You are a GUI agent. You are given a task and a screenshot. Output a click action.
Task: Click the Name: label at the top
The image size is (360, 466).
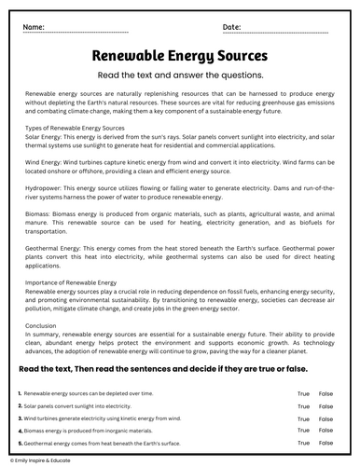35,28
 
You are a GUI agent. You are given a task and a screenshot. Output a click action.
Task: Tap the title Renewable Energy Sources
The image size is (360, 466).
181,57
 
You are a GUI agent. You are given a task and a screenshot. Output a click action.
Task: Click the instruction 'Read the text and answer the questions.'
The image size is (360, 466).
180,76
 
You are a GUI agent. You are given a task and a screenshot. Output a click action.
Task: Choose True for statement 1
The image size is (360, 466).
303,394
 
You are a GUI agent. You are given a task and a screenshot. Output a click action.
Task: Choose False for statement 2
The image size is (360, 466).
325,407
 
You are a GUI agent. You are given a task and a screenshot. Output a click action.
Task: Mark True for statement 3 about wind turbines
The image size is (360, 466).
303,419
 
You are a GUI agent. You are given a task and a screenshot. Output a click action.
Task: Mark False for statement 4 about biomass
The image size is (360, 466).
325,432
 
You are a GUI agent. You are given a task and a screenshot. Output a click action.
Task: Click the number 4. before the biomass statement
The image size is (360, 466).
20,432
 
